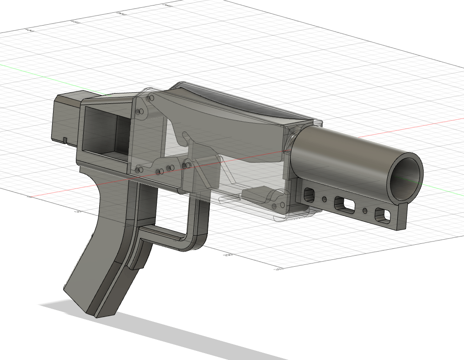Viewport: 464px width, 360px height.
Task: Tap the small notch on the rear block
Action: [x=65, y=139]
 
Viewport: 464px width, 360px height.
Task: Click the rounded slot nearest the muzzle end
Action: [x=382, y=214]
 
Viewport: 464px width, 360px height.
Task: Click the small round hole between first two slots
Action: [x=325, y=199]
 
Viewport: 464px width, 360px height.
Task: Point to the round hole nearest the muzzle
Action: [x=365, y=210]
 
